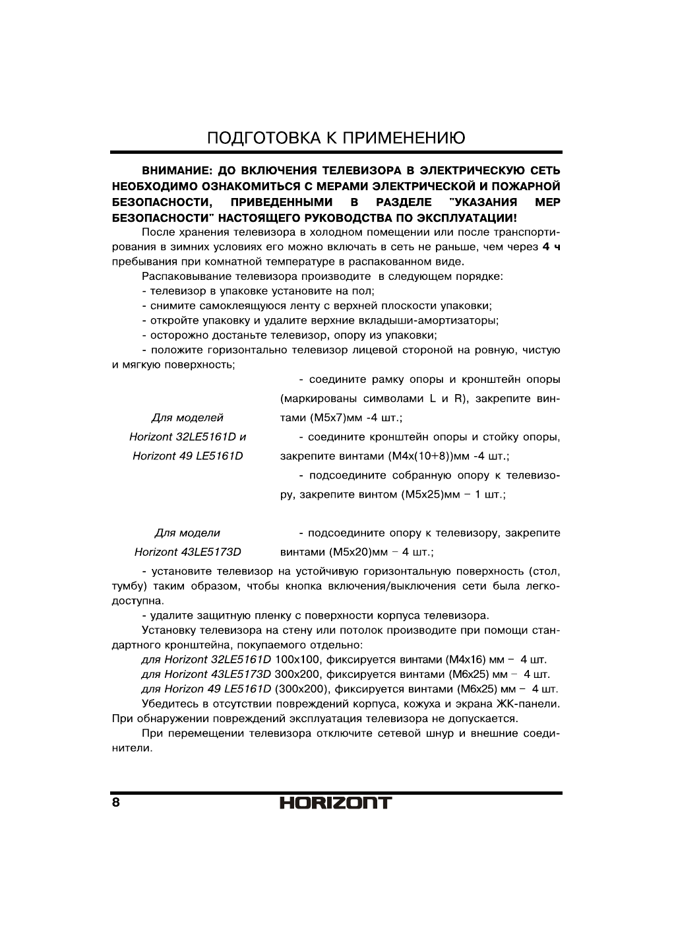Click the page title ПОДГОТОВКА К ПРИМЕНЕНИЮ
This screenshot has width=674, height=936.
[x=336, y=138]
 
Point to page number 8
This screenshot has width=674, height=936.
[x=116, y=803]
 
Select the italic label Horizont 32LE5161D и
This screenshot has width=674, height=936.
[x=187, y=437]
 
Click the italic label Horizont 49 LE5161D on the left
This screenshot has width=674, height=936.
[x=187, y=456]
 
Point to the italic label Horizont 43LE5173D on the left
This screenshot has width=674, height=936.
[x=187, y=552]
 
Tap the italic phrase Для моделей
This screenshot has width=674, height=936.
[x=187, y=418]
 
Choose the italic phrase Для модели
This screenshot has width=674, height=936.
[x=187, y=533]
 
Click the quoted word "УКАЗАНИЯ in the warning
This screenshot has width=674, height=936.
[x=481, y=202]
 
